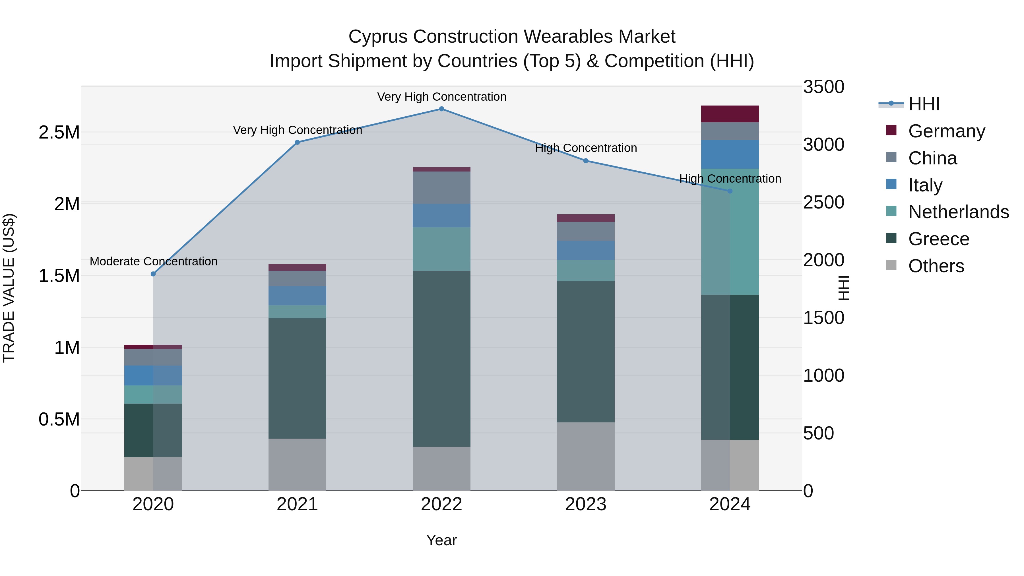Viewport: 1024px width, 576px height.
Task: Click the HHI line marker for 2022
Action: click(x=441, y=109)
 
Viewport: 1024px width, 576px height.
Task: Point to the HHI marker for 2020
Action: click(x=153, y=274)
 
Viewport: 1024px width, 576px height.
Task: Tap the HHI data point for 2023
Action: click(x=586, y=161)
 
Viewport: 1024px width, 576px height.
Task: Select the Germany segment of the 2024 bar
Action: click(x=730, y=114)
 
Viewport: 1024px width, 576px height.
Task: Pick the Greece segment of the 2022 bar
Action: click(x=441, y=359)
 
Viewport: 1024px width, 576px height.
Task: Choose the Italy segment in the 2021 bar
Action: click(x=297, y=296)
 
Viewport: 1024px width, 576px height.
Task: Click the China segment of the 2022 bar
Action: click(x=441, y=188)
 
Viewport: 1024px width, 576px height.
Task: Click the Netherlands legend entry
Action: click(x=958, y=212)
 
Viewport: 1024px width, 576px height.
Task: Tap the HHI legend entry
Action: click(x=924, y=104)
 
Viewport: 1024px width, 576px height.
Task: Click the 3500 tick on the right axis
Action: click(x=823, y=87)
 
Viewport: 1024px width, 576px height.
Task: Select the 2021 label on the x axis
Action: click(x=297, y=504)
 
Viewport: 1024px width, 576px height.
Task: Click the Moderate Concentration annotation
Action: click(x=153, y=262)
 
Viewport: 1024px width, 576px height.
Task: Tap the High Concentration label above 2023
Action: click(x=586, y=148)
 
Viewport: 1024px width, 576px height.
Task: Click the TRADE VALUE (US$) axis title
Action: click(x=9, y=288)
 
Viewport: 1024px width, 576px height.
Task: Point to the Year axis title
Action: click(x=441, y=540)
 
